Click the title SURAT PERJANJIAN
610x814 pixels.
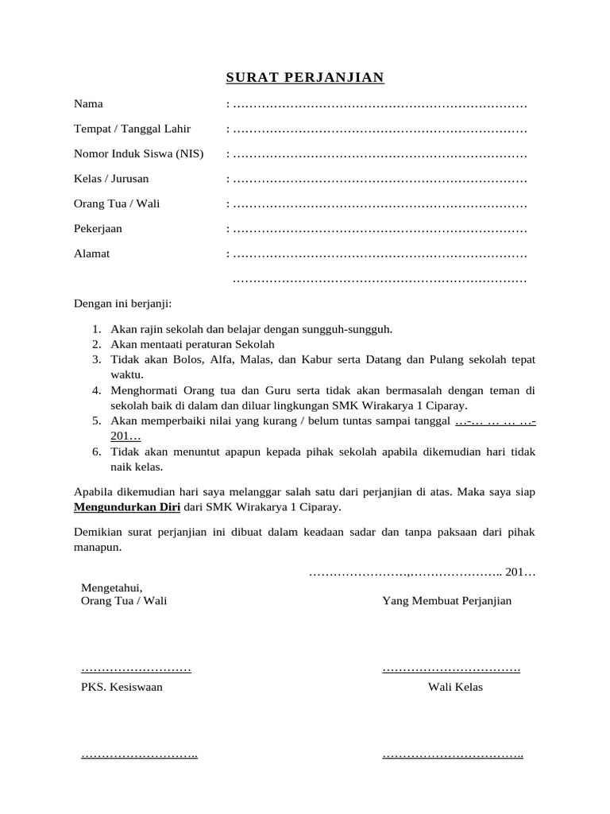pyautogui.click(x=305, y=77)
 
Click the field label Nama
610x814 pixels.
pyautogui.click(x=88, y=103)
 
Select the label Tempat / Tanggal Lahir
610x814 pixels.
pyautogui.click(x=132, y=129)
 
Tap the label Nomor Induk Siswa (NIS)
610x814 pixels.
pyautogui.click(x=138, y=153)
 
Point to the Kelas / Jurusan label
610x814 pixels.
pyautogui.click(x=111, y=179)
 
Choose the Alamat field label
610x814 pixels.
pyautogui.click(x=91, y=254)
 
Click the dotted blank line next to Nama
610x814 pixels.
pyautogui.click(x=380, y=104)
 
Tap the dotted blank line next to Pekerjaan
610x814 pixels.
pyautogui.click(x=380, y=230)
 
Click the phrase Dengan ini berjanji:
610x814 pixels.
pyautogui.click(x=122, y=303)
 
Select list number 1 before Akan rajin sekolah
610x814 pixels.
pyautogui.click(x=95, y=329)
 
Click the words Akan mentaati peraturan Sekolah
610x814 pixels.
pyautogui.click(x=192, y=344)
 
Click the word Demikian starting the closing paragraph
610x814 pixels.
pyautogui.click(x=100, y=532)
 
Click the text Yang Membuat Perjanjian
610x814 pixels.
pyautogui.click(x=446, y=601)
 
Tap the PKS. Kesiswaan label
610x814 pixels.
pyautogui.click(x=122, y=687)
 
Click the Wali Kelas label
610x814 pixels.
pyautogui.click(x=455, y=687)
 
